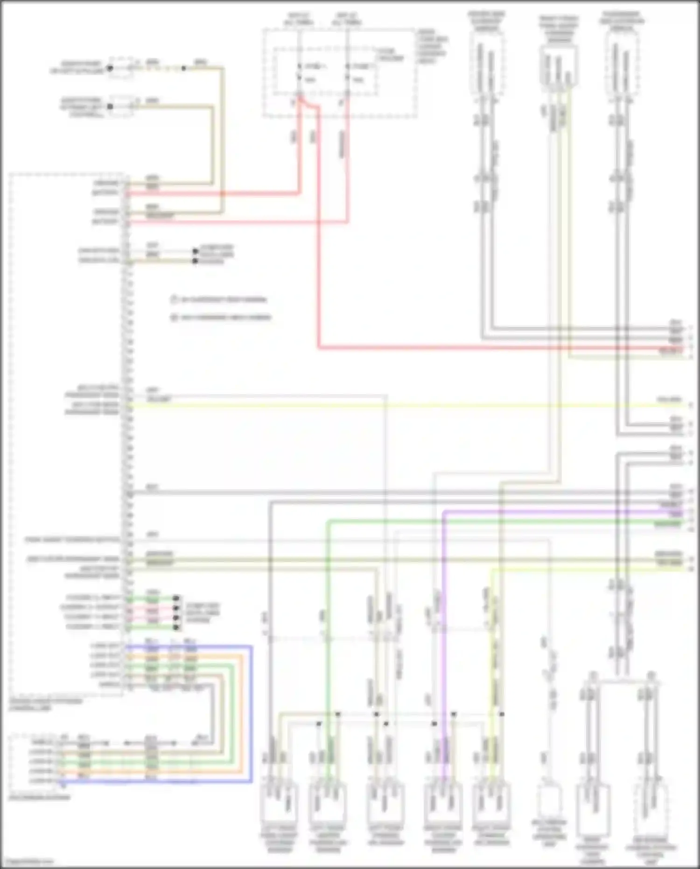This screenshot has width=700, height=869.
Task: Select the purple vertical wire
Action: pyautogui.click(x=443, y=607)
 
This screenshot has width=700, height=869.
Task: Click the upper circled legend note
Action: pyautogui.click(x=219, y=300)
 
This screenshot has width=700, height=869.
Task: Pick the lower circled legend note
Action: pyautogui.click(x=221, y=318)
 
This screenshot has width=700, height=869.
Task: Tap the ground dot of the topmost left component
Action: pyautogui.click(x=110, y=68)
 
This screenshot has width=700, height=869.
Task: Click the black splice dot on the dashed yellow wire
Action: pyautogui.click(x=184, y=68)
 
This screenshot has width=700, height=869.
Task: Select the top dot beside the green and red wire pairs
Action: pyautogui.click(x=176, y=598)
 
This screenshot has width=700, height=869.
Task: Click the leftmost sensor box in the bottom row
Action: pyautogui.click(x=279, y=803)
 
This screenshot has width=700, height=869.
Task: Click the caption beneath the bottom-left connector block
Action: pyautogui.click(x=39, y=797)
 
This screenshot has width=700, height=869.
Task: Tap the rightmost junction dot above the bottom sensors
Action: pyautogui.click(x=502, y=714)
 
